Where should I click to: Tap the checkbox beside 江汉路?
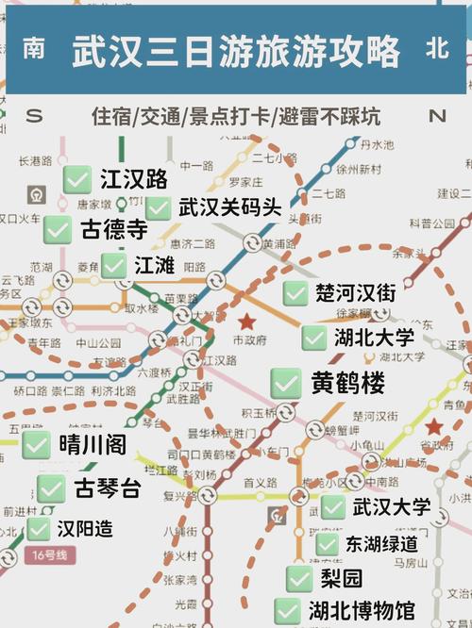coord(77,179)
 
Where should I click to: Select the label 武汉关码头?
coord(229,207)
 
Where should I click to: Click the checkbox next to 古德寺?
coord(59,229)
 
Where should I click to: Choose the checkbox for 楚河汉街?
coord(295,292)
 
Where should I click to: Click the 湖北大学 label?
coord(374,337)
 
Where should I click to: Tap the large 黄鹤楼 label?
coord(347,383)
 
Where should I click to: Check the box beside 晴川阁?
coord(37,445)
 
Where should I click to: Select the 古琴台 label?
coord(107,488)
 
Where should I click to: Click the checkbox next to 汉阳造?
coord(39,528)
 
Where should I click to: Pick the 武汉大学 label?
coord(391,507)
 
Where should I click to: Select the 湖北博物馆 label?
coord(361,611)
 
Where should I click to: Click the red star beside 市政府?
coord(247,322)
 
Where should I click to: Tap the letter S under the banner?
coord(35,116)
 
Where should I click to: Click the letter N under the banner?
coord(436,116)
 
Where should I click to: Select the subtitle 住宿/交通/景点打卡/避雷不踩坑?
coord(236,117)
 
